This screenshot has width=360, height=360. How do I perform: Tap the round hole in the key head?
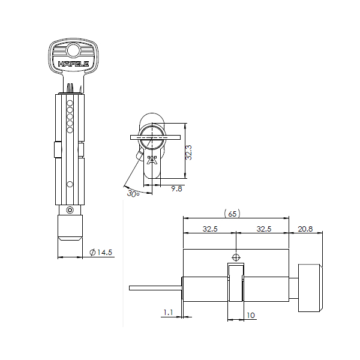pos(73,50)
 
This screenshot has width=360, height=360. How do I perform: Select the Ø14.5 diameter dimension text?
pos(101,253)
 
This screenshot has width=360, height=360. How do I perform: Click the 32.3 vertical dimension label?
pos(188,151)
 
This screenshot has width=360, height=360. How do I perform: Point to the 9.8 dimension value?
pos(176,188)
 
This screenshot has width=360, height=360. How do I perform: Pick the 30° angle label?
pos(133,193)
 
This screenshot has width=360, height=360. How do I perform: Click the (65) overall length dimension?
pos(231,214)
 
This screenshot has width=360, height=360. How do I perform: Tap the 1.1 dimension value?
pos(168,312)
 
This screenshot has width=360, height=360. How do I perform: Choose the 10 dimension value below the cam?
pos(250,315)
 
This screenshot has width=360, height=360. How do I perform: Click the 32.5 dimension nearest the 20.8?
pos(265,229)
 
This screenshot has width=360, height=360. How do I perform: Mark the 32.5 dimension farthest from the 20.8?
pos(210,229)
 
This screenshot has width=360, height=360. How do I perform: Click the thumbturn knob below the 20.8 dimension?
pos(311,288)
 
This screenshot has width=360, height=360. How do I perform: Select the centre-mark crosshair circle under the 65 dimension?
pos(236,256)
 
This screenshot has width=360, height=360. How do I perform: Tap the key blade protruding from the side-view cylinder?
pos(155,289)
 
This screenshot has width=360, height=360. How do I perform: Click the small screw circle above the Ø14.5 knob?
pos(70,210)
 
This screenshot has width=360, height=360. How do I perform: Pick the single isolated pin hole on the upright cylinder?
pos(70,184)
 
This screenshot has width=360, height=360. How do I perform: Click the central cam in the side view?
pos(236,282)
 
